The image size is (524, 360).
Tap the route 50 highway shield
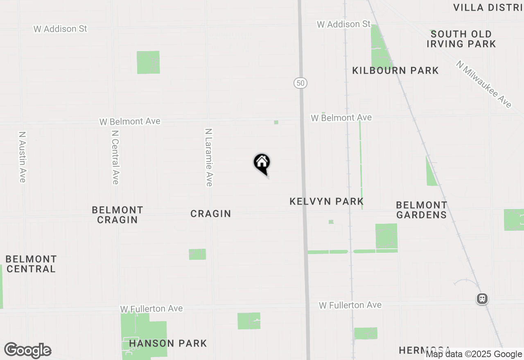point(300,83)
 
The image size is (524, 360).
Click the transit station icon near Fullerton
point(482,299)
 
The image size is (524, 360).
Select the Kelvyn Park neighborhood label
point(327,201)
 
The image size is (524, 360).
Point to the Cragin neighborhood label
point(211,214)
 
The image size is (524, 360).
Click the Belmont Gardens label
point(422,210)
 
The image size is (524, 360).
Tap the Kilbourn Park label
point(395,71)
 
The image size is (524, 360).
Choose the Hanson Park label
point(168,343)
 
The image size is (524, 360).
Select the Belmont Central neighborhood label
point(31,264)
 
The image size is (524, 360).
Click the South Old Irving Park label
point(461,39)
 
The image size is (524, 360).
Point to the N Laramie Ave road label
point(209,157)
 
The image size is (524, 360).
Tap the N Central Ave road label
point(115,157)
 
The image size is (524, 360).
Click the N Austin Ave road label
point(23,157)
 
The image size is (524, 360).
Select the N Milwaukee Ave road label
point(484,84)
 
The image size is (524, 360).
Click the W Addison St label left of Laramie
point(60,29)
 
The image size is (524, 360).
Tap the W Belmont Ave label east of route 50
point(341,118)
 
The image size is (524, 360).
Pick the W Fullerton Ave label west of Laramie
point(151,308)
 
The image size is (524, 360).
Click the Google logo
point(27,351)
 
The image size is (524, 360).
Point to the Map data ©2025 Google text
point(474,354)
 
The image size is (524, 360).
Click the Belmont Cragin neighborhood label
point(117,215)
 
